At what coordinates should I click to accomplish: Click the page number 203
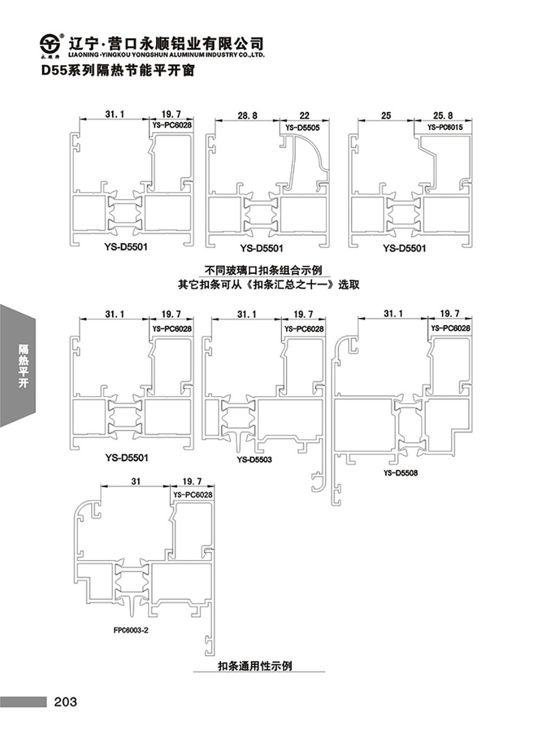(x=66, y=702)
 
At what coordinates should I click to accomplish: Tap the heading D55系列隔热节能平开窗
(x=118, y=70)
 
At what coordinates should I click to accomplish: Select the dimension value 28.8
(x=247, y=115)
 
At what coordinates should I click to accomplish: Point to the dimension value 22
(x=305, y=115)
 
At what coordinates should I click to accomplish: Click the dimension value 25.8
(x=443, y=115)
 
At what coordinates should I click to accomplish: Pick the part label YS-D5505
(x=303, y=128)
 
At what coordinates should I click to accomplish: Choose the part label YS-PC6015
(x=445, y=127)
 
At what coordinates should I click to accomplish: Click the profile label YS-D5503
(x=254, y=460)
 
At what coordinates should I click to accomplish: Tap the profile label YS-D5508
(x=401, y=473)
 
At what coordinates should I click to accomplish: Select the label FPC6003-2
(x=131, y=630)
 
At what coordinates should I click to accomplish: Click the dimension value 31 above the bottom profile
(x=135, y=481)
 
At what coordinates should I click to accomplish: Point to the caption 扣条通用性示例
(x=255, y=666)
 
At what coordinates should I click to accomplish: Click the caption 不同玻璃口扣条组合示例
(x=263, y=270)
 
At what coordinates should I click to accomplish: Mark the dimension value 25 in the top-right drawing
(x=386, y=115)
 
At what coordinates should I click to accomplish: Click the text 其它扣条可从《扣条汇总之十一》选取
(x=268, y=284)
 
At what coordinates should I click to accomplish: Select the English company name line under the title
(x=167, y=55)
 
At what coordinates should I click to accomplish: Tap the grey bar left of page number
(x=23, y=702)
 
